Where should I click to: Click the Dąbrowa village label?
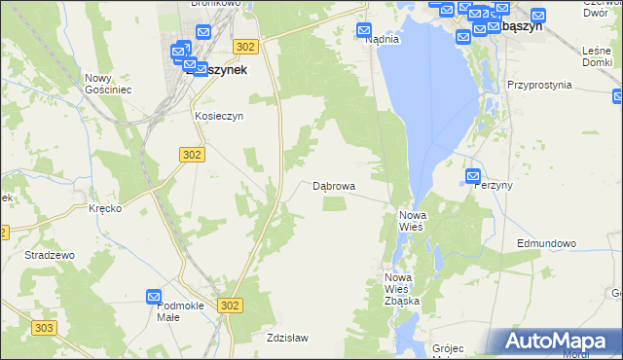point(333,185)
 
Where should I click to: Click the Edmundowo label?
point(547,243)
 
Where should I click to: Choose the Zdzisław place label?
point(287,338)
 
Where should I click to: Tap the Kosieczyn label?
point(218,115)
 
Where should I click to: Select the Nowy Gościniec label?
point(108,84)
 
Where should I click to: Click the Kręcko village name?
point(104,209)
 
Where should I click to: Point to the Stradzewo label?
point(51,254)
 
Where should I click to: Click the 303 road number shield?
point(44,329)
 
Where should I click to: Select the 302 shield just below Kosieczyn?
point(192,154)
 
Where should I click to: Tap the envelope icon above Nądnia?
point(365,29)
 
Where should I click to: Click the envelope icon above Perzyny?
point(473,175)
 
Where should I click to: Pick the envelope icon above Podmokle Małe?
point(154,296)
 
